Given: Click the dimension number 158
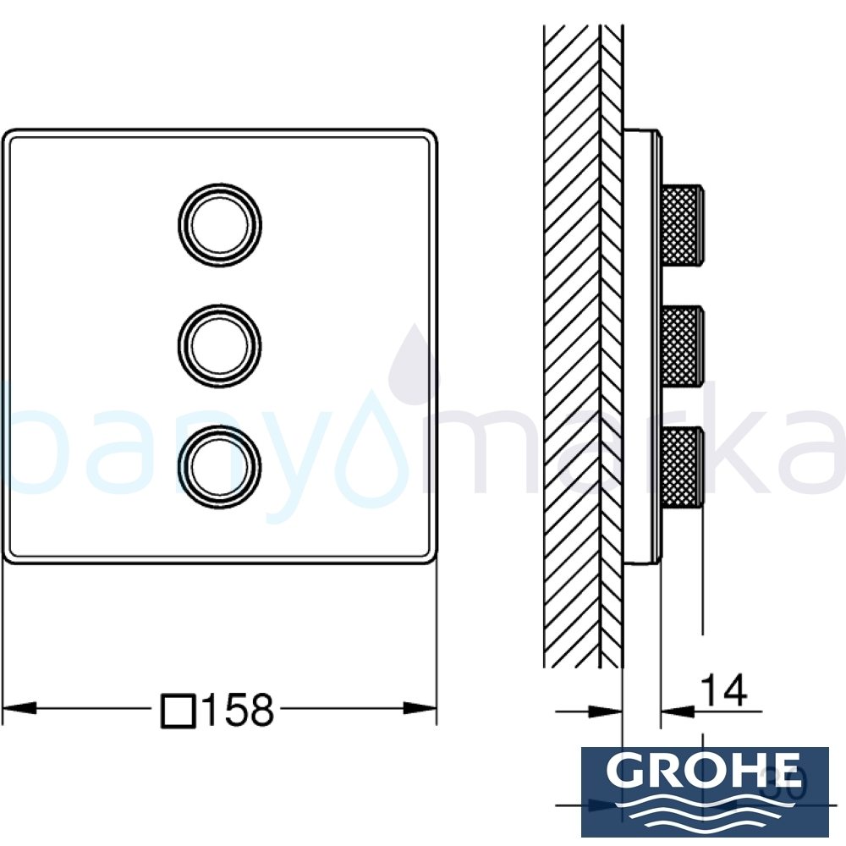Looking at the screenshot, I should pos(237,709).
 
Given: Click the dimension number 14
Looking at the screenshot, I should pos(724,691).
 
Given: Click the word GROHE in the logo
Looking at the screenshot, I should pos(705,772).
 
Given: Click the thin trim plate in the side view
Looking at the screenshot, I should pos(640,347).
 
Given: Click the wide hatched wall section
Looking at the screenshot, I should pos(571,338).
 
